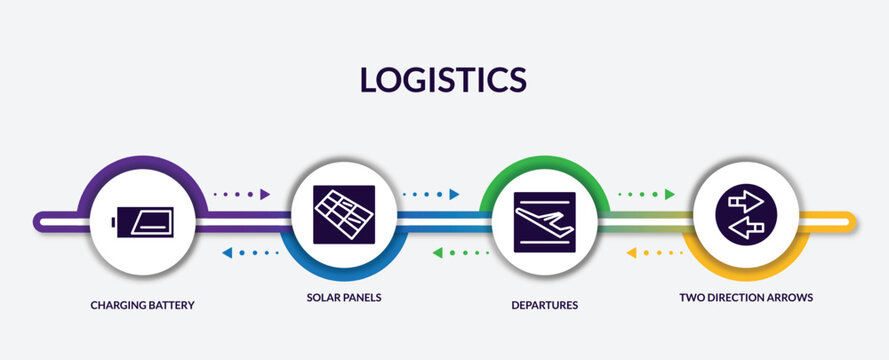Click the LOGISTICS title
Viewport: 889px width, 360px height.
(443, 79)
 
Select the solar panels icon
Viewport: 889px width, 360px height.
(343, 215)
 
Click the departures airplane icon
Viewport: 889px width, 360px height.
(543, 219)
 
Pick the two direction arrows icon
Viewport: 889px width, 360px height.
(745, 215)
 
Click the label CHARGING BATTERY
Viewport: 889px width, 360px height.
(142, 304)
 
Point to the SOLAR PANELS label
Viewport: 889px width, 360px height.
(344, 298)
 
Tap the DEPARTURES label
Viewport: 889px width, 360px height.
(543, 304)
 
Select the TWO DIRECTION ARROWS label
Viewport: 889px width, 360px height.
(745, 298)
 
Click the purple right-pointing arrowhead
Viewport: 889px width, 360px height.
(265, 194)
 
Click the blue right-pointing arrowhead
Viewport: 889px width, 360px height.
(454, 194)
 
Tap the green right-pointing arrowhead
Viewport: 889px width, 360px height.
(669, 194)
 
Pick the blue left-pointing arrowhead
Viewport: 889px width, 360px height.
(227, 253)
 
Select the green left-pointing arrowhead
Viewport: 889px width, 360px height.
(437, 253)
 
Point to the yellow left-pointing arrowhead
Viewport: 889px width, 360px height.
(631, 253)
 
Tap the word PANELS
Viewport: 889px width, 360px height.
(362, 298)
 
